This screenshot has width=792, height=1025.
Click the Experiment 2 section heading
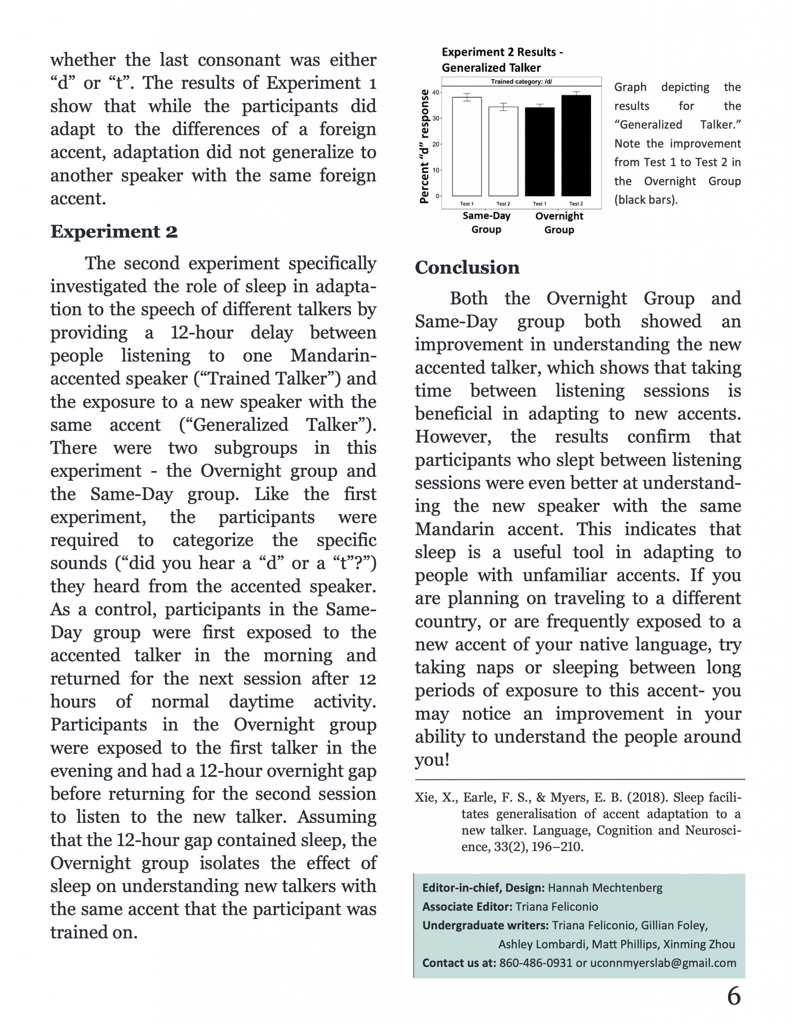pos(114,231)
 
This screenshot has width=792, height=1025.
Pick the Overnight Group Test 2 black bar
pos(576,145)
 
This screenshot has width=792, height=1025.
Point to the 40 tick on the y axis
pos(436,92)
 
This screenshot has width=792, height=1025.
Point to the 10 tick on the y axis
pos(436,170)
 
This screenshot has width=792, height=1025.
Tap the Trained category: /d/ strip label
pos(521,82)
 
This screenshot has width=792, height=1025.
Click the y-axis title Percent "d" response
pos(424,147)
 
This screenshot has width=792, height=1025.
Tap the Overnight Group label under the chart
pos(559,223)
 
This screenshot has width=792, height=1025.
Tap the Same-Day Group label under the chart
pos(486,223)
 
